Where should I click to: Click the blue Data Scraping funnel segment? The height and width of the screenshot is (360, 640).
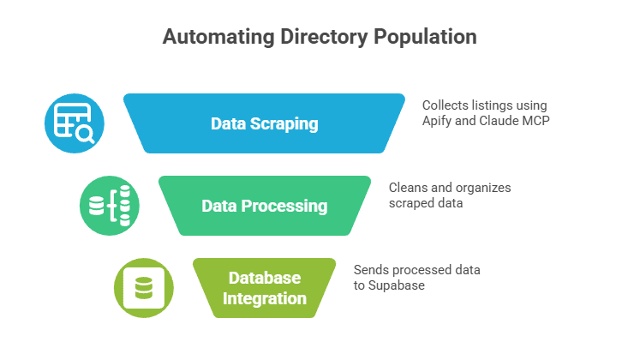(x=264, y=124)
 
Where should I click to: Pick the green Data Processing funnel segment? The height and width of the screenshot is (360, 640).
(x=264, y=207)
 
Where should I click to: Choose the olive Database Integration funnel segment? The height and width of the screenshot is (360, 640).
(x=264, y=288)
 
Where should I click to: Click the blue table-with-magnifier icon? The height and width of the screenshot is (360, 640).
(x=75, y=123)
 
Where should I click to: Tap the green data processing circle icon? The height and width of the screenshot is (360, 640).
(x=109, y=206)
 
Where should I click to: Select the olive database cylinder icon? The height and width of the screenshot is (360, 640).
(x=143, y=287)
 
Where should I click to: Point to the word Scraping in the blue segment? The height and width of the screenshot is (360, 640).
(x=287, y=124)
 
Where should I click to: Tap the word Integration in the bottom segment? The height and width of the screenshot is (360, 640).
(x=264, y=298)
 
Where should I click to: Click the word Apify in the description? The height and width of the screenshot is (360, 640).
(x=439, y=121)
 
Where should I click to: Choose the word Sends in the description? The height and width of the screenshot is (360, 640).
(x=370, y=269)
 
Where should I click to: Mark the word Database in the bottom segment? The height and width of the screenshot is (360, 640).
(x=264, y=279)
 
